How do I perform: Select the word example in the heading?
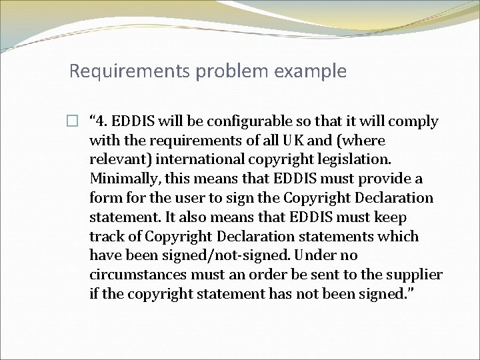(314, 71)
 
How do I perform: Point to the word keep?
(393, 217)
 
